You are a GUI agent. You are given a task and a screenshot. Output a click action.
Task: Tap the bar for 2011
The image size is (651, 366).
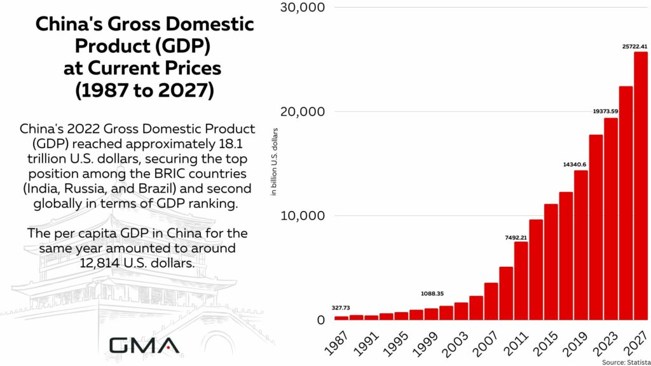(x=521, y=280)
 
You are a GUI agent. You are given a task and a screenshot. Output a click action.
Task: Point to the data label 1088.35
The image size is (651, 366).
(x=432, y=294)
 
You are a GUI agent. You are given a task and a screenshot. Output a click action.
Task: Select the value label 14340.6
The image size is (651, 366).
(x=574, y=164)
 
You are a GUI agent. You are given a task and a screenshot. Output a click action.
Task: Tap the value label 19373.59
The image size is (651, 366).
(x=606, y=111)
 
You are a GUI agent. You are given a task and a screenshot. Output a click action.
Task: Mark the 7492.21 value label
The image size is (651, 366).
(x=516, y=237)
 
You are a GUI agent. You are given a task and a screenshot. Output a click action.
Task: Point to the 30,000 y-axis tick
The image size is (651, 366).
(x=303, y=8)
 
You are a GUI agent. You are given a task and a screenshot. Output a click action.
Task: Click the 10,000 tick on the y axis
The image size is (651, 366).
(x=303, y=215)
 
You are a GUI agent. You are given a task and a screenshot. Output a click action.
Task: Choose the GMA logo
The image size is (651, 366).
(x=144, y=345)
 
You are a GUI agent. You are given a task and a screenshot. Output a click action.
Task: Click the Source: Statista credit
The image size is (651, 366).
(x=624, y=361)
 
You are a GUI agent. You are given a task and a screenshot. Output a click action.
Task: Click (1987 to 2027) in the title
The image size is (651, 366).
(x=144, y=90)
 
